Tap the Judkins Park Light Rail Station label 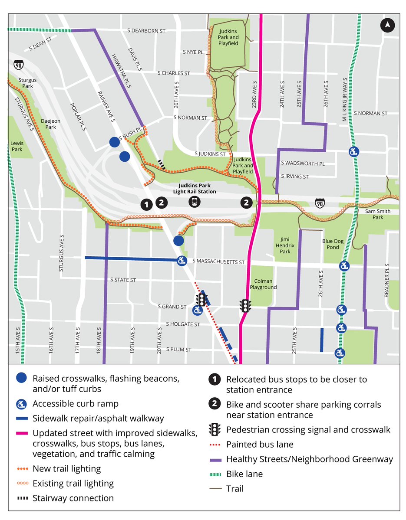(195, 189)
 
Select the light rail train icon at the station (195, 201)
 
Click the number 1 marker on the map (147, 204)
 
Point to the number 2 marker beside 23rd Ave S (247, 202)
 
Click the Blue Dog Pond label (330, 244)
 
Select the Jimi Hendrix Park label (285, 245)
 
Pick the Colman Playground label (263, 284)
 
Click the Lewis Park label (17, 146)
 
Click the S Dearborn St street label (147, 31)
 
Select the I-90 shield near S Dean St (18, 65)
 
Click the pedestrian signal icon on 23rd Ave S (245, 306)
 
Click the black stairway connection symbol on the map (162, 164)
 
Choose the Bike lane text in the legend (244, 474)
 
